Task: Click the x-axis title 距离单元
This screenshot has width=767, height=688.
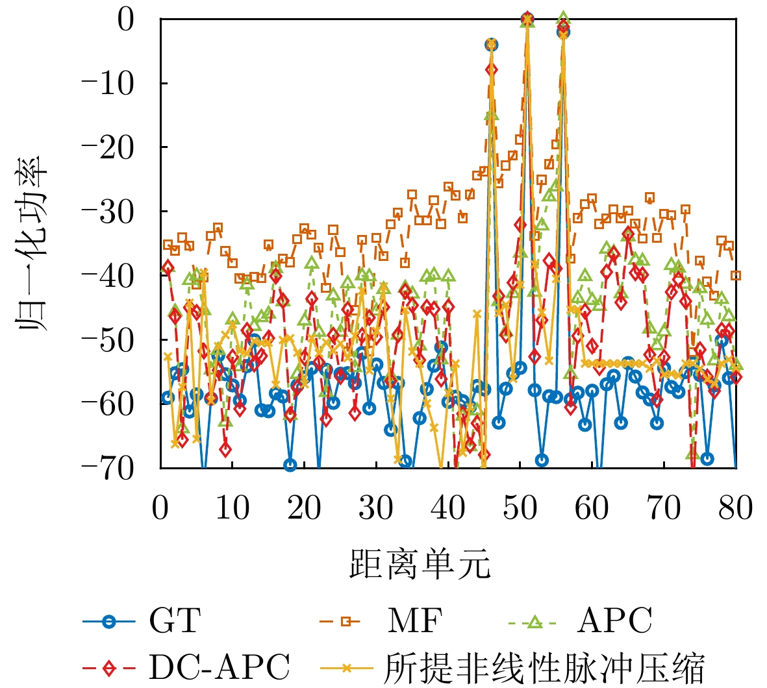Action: click(420, 563)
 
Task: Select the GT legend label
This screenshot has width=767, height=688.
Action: click(175, 622)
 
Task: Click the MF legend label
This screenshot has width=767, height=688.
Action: click(414, 622)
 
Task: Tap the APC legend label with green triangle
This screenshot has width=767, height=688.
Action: click(614, 622)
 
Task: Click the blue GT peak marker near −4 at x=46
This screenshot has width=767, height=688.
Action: click(491, 45)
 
